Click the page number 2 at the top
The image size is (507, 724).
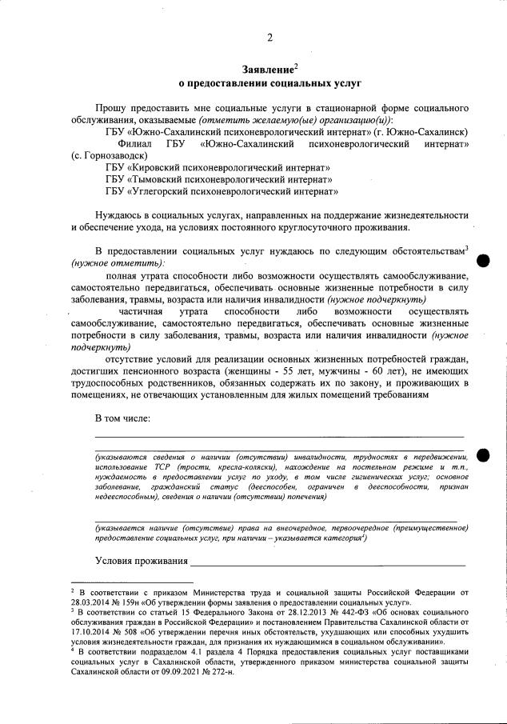tap(269, 38)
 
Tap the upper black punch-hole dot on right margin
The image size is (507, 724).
tap(482, 261)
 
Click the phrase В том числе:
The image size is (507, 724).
tap(122, 418)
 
